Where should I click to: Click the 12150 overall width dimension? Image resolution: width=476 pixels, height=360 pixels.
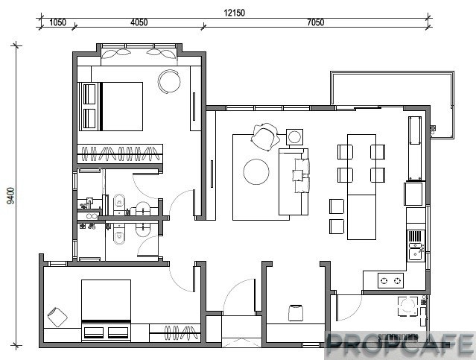[234, 13]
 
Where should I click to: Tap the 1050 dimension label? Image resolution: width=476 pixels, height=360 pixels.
[57, 22]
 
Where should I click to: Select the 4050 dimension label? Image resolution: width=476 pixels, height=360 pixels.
[139, 22]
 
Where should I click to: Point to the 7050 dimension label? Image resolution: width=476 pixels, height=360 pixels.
[315, 22]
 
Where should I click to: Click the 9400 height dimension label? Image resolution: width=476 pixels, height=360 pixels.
[10, 196]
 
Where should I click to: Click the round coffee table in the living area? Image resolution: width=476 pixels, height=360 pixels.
[256, 171]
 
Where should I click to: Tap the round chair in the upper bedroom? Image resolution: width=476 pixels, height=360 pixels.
[169, 82]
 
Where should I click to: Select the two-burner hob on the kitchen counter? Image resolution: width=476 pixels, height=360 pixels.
[390, 280]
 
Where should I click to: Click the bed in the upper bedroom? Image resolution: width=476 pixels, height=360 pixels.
[111, 107]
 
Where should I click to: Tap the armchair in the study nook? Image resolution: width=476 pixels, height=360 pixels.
[296, 313]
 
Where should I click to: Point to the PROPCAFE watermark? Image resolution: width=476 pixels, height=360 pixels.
[400, 345]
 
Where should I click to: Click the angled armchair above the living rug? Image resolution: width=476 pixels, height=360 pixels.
[265, 136]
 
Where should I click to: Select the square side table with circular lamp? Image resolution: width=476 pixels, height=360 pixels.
[294, 136]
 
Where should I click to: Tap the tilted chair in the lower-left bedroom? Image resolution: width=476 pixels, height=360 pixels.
[57, 317]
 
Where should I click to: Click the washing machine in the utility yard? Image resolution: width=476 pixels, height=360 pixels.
[407, 306]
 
